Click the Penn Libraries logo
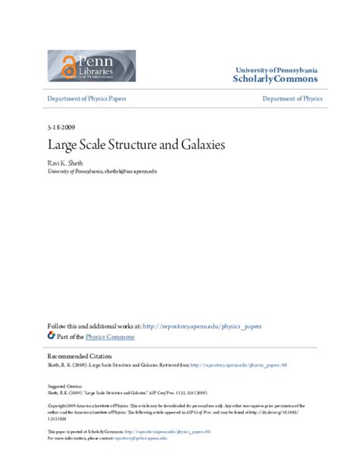coord(91,65)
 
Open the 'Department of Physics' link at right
coord(292,100)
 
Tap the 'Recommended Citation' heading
coord(81,356)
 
